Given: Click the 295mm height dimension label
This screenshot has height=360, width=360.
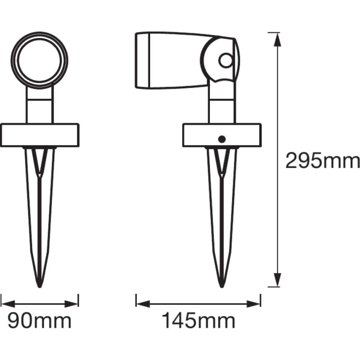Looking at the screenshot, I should [x=321, y=161].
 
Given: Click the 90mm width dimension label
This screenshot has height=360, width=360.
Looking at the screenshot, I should [x=39, y=321].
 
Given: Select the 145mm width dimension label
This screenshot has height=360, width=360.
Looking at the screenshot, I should [x=198, y=321].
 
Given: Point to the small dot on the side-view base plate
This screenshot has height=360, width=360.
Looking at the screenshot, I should [x=222, y=139].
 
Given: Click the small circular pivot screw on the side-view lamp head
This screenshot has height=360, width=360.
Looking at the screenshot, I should [x=225, y=61].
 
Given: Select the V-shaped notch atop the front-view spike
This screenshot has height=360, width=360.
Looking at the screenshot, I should [x=39, y=160].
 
